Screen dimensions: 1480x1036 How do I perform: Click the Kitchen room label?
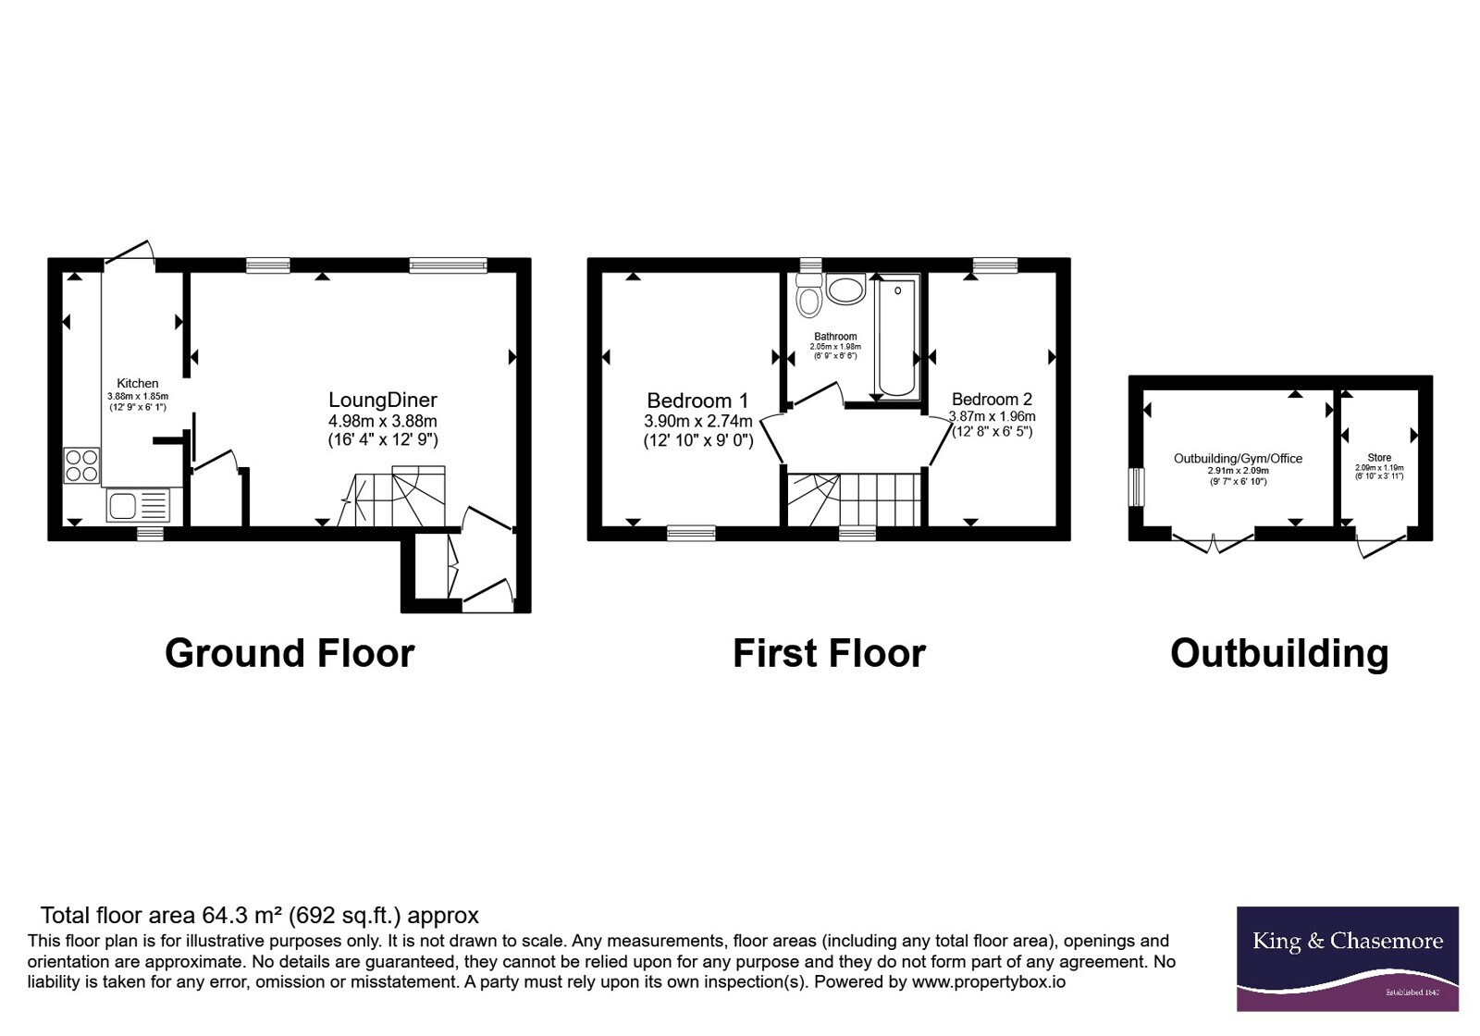point(138,383)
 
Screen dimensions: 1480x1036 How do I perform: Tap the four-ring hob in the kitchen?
point(82,466)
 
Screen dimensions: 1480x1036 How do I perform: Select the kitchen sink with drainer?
point(138,505)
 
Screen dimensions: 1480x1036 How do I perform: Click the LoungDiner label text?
point(383,400)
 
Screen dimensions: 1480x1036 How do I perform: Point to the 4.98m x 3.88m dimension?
point(383,421)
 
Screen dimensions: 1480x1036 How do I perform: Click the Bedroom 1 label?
point(697,401)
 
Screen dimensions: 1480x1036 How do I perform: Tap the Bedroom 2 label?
point(992,399)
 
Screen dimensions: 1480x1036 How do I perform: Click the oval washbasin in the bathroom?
point(845,290)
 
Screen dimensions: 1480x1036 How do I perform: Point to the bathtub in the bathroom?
point(897,337)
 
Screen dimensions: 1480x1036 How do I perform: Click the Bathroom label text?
point(835,337)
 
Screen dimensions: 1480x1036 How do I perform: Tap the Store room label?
point(1379,457)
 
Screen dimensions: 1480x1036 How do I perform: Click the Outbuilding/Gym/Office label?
point(1238,459)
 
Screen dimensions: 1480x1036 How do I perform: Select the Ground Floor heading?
point(290,653)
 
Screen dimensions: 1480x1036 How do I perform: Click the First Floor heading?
point(829,653)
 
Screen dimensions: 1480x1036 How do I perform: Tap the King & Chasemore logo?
point(1347,958)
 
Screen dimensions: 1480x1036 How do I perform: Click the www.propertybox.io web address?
point(989,981)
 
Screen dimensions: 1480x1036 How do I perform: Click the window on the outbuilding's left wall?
point(1136,487)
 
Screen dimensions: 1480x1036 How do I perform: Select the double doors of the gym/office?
point(1213,542)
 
